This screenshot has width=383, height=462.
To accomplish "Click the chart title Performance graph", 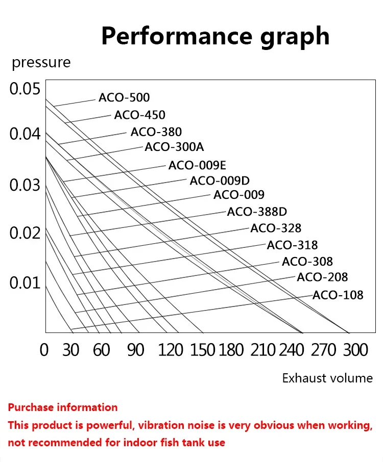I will tap(215, 36).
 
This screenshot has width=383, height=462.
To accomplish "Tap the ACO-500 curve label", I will tap(124, 98).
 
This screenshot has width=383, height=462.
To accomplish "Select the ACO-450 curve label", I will tap(139, 115).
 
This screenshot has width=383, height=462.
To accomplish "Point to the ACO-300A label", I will tap(174, 147).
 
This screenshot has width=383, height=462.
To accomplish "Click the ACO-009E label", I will tap(197, 165).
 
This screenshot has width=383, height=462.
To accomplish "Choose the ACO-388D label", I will tap(257, 212).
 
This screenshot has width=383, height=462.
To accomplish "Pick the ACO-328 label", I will tap(276, 228).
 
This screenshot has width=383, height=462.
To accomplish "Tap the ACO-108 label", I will tap(338, 295).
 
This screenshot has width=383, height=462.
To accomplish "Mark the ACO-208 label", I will tap(322, 277).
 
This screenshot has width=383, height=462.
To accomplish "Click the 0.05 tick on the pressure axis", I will tap(25, 89).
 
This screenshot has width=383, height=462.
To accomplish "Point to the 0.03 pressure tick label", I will tap(25, 185).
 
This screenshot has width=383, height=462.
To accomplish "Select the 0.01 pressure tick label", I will tap(25, 282).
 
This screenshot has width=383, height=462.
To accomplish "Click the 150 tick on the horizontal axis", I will tap(203, 350).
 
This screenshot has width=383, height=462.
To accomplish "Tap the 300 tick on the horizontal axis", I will tap(355, 350).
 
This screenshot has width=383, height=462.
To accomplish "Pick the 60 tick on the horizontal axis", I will tap(102, 350).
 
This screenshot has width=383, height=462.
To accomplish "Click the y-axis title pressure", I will tap(41, 63).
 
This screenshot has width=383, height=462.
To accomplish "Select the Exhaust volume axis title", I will tap(327, 378).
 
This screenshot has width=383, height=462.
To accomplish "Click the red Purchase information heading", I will tap(63, 407).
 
